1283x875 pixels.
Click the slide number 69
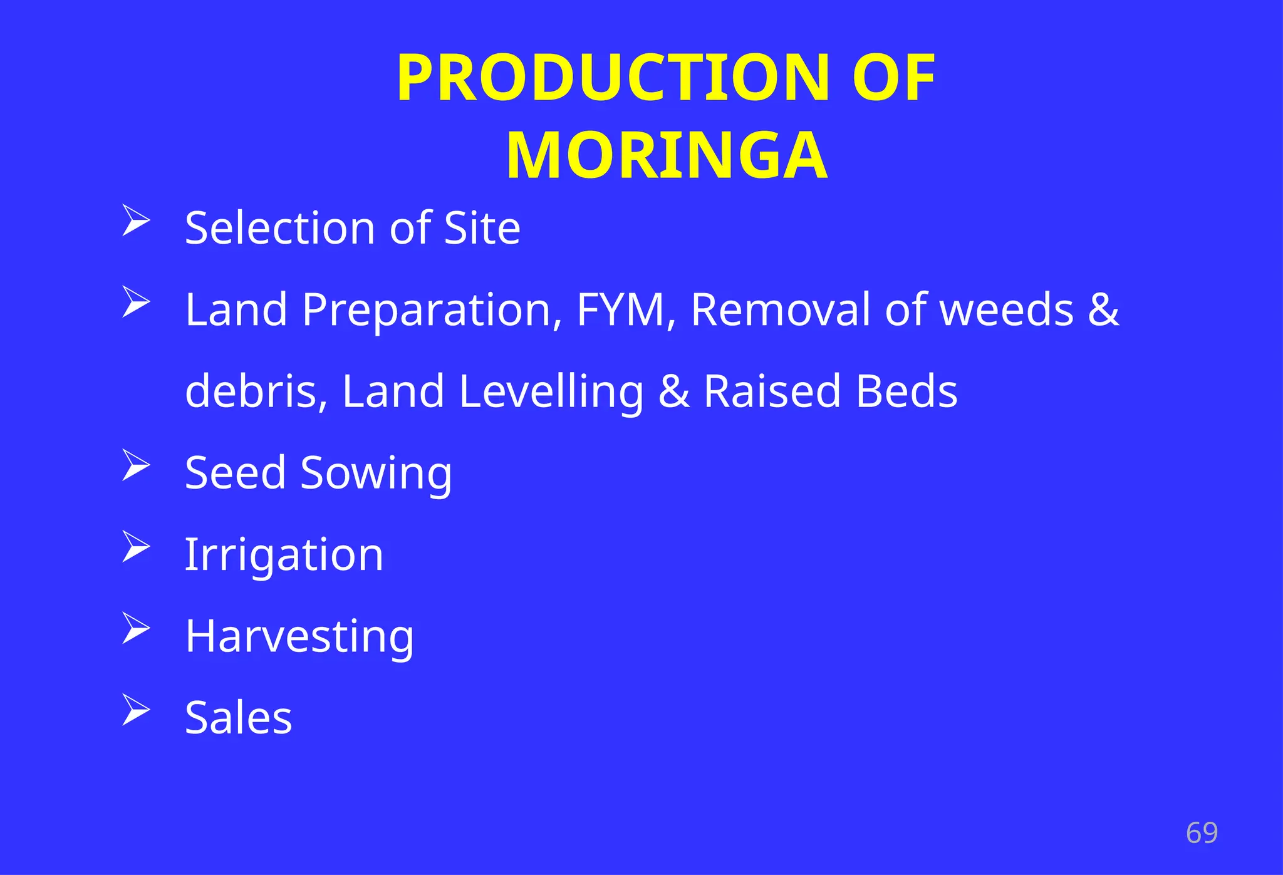click(x=1202, y=833)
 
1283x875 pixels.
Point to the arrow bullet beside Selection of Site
click(x=135, y=220)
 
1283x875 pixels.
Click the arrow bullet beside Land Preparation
click(x=135, y=302)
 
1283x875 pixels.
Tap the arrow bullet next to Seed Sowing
click(x=135, y=465)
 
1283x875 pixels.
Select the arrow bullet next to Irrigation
click(x=135, y=547)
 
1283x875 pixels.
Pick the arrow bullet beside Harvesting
click(x=135, y=628)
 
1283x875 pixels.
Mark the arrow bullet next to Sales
click(x=135, y=710)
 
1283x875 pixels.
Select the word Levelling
click(x=551, y=392)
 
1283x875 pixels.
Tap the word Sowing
click(x=376, y=474)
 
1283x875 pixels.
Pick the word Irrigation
click(x=284, y=555)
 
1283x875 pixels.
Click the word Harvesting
click(x=299, y=636)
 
